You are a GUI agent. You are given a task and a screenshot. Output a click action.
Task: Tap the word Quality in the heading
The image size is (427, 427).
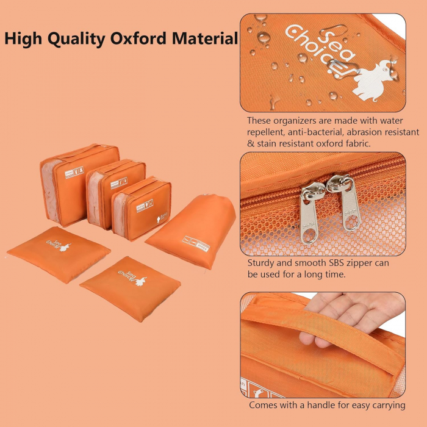click(76, 39)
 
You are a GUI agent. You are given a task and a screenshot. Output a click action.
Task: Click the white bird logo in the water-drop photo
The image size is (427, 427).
click(373, 80)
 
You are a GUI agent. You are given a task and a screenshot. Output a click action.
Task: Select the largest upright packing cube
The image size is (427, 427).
click(79, 185)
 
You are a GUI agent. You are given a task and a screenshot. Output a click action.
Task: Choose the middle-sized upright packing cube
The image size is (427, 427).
click(116, 194)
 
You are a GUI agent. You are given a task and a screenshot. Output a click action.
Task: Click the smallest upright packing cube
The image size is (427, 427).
click(142, 209)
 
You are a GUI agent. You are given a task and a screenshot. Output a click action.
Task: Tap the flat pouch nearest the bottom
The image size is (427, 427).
click(131, 289)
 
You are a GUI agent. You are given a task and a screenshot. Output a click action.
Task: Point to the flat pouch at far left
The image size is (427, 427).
click(59, 254)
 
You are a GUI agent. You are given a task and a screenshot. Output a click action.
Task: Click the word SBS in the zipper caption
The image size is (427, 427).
click(337, 263)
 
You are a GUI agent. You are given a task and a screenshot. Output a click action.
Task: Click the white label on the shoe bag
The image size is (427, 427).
click(196, 243)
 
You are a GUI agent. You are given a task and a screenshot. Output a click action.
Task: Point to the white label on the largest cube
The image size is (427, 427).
click(74, 173)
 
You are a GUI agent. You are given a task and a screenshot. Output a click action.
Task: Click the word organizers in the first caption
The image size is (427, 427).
click(295, 121)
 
